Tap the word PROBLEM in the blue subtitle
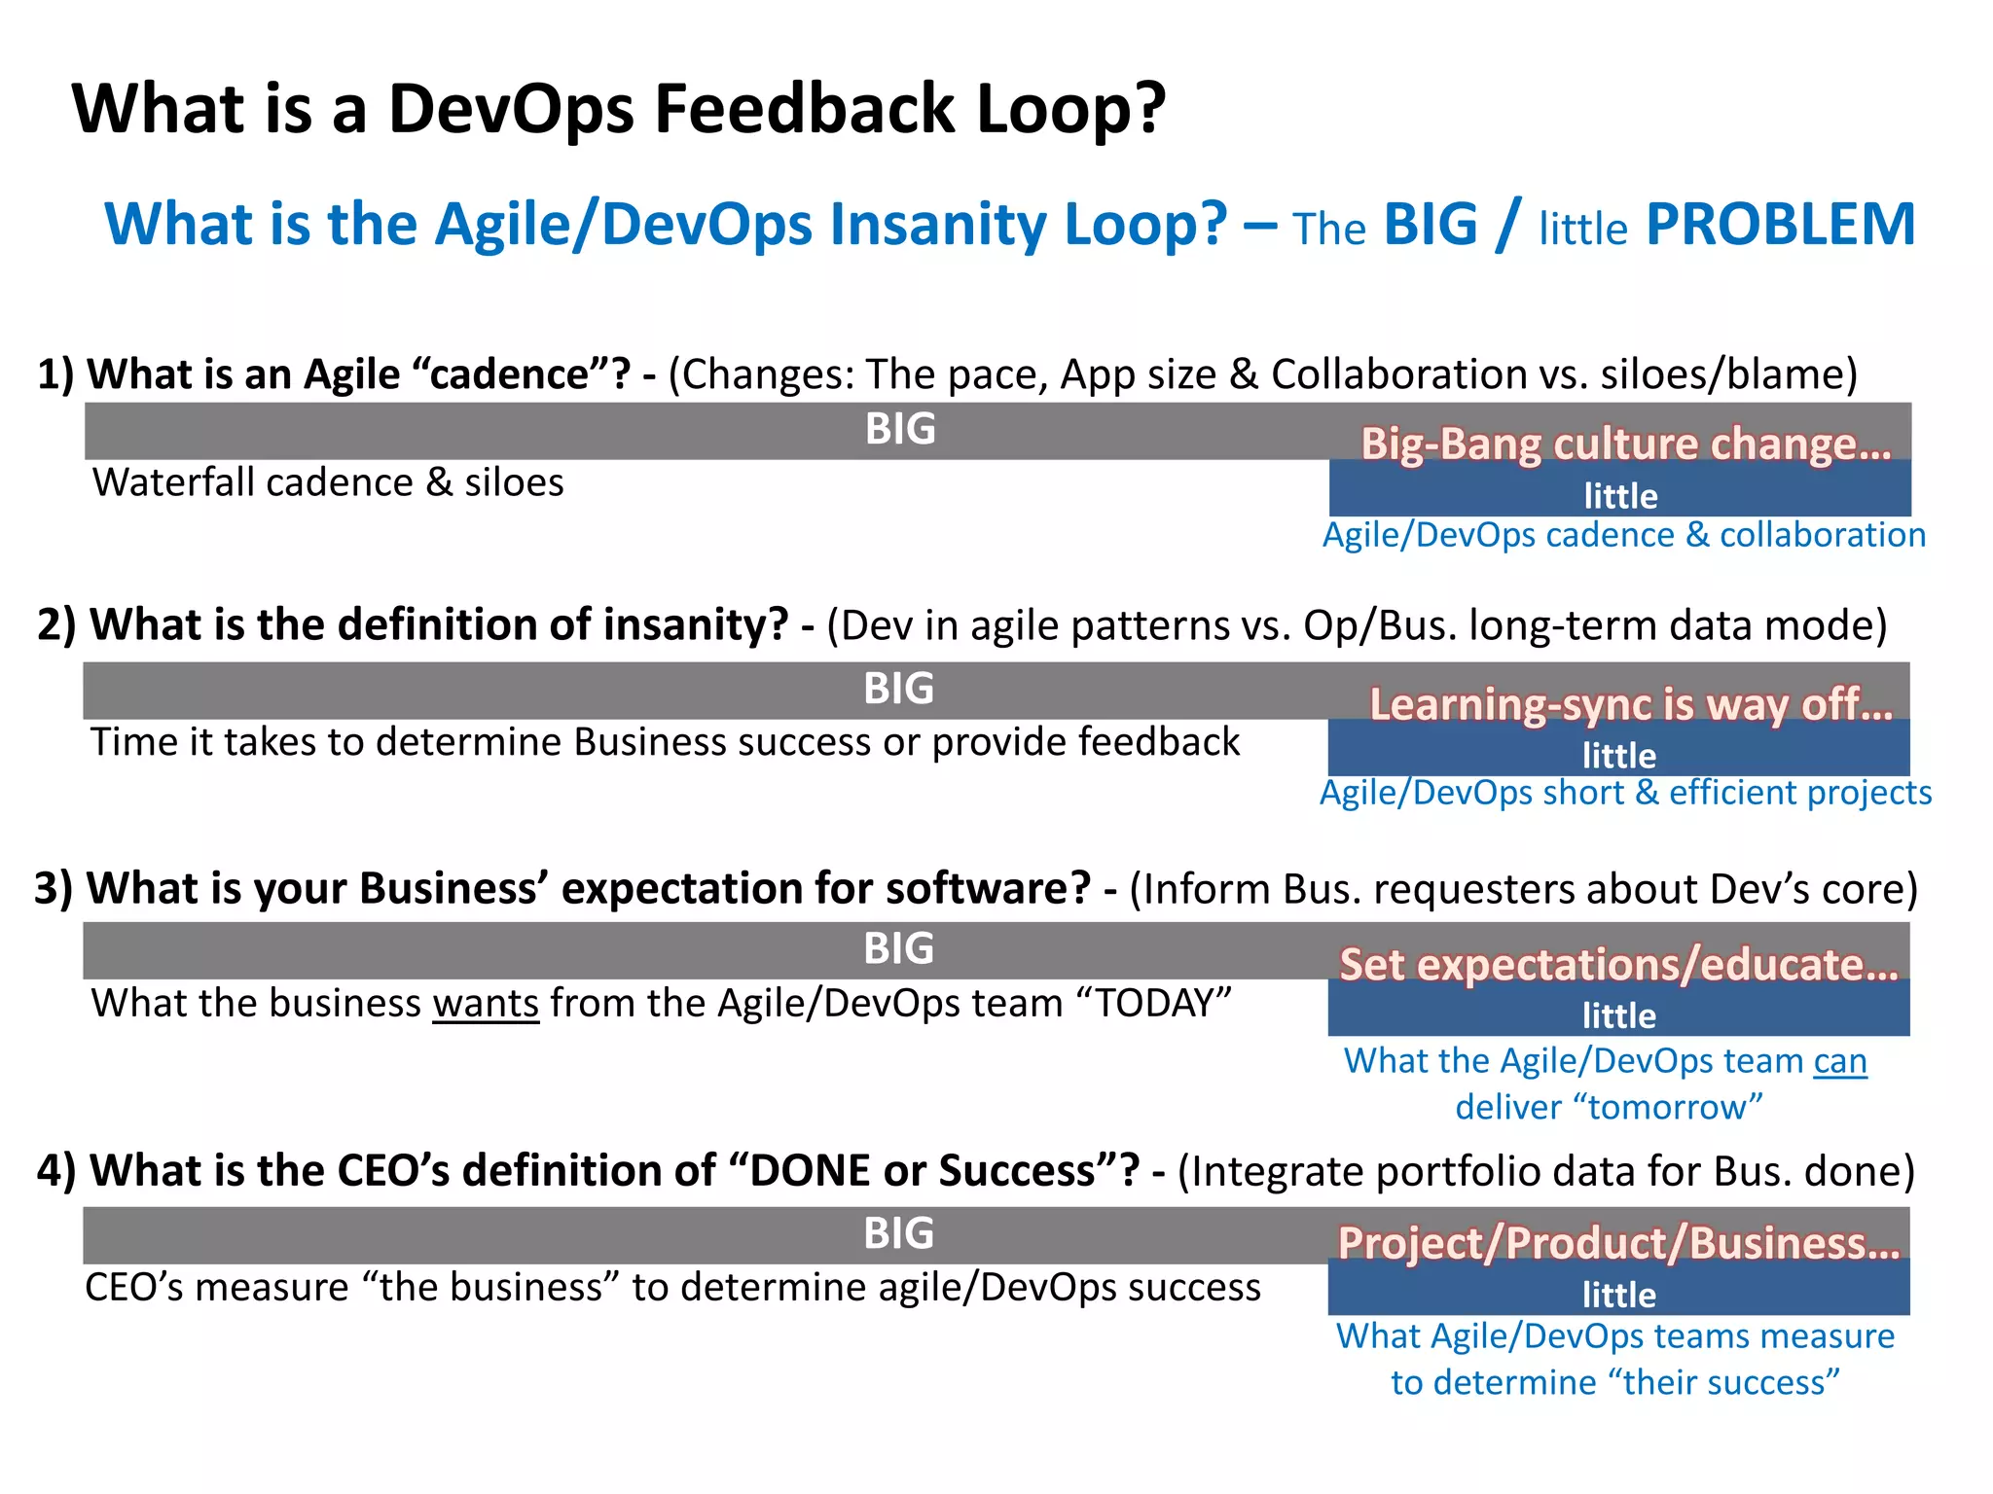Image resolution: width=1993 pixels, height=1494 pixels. tap(1780, 225)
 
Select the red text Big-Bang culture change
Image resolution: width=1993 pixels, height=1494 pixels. tap(1625, 444)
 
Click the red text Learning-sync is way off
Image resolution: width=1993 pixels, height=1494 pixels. tap(1631, 704)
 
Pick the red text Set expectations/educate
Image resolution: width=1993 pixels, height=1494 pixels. tap(1618, 964)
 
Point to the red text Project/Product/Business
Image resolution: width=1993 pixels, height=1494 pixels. tap(1618, 1243)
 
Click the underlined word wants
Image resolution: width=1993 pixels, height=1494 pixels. tap(486, 1003)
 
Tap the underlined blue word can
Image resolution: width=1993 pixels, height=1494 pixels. tap(1839, 1060)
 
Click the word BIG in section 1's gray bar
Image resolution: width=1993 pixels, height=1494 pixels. tap(900, 429)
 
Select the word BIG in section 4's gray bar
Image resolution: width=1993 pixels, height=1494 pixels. tap(898, 1233)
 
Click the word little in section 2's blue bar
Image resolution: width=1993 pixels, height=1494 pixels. tap(1618, 756)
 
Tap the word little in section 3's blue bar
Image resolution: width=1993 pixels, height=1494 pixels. tap(1618, 1015)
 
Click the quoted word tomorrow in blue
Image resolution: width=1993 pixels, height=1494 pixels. tap(1667, 1107)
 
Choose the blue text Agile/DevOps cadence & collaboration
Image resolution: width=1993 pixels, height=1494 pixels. tap(1623, 535)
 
